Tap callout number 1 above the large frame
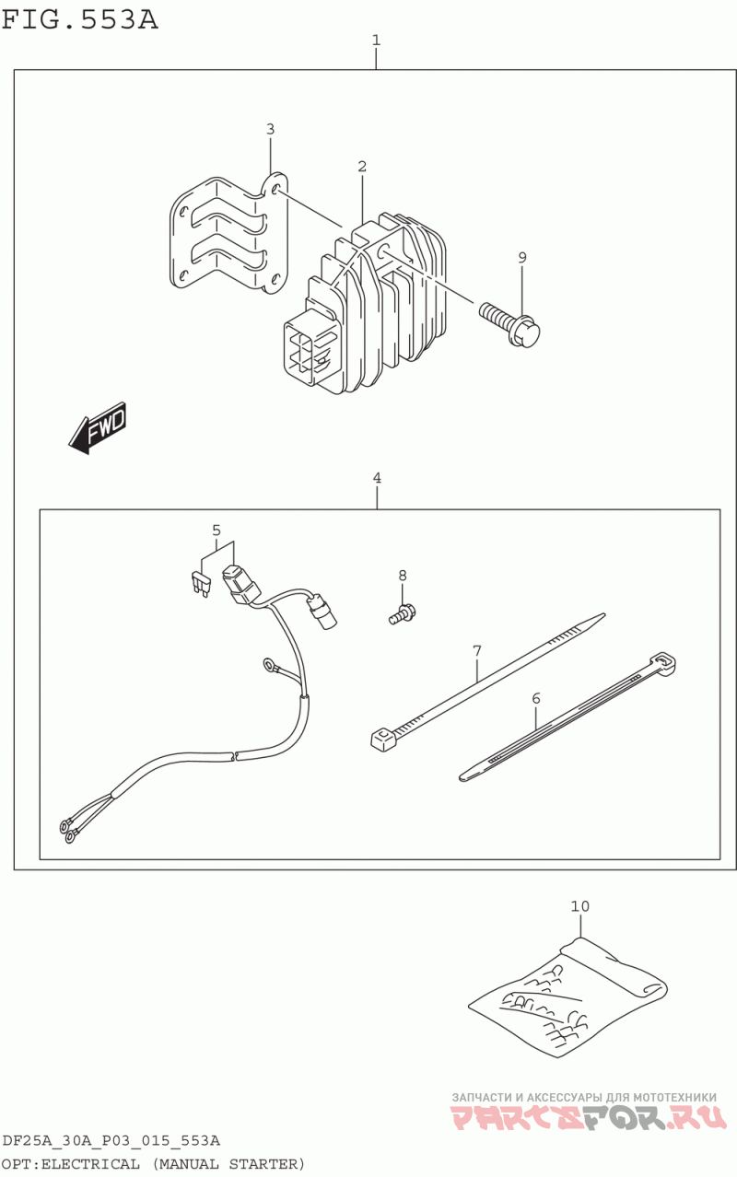[x=376, y=40]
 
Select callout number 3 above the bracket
[x=270, y=129]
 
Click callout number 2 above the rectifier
[x=362, y=167]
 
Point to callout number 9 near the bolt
[x=522, y=258]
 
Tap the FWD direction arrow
[x=98, y=428]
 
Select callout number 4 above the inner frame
[x=377, y=478]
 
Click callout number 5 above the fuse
[x=216, y=530]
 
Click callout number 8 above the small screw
[x=403, y=576]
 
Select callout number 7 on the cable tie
[x=477, y=651]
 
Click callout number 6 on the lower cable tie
[x=535, y=698]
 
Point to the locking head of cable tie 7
[x=383, y=740]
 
